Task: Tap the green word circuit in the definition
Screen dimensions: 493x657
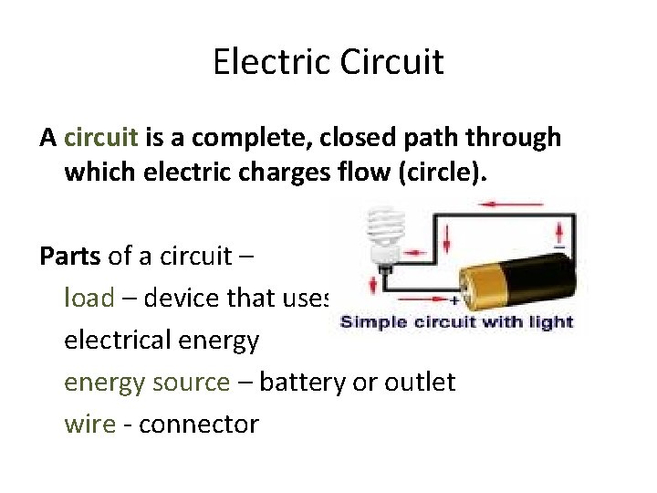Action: tap(101, 137)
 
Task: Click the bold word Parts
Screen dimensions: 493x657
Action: tap(70, 256)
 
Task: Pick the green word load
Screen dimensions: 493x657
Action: tap(89, 298)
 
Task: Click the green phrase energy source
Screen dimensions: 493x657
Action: tap(147, 382)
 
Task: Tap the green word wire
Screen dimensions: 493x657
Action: tap(88, 424)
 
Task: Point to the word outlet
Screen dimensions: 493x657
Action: tap(417, 382)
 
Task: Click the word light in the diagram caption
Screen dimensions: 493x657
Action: tap(553, 321)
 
